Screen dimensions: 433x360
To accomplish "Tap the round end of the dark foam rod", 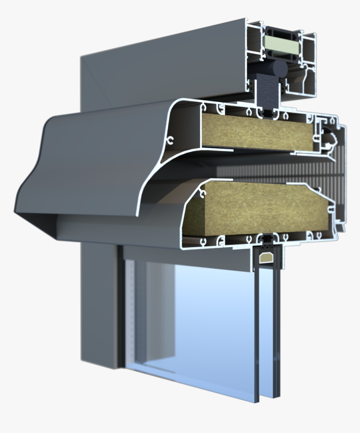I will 279,68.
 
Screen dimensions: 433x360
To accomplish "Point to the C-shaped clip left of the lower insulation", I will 203,193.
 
